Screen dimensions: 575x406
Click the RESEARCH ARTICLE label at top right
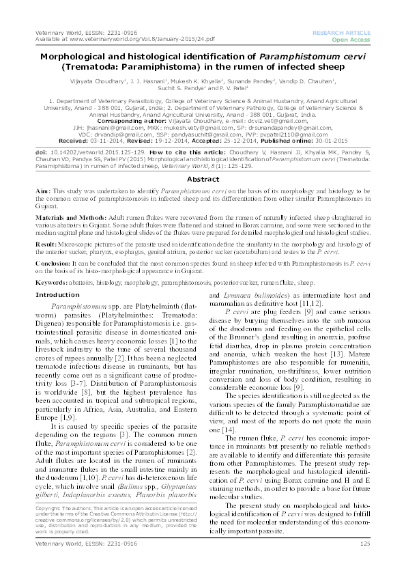click(341, 33)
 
